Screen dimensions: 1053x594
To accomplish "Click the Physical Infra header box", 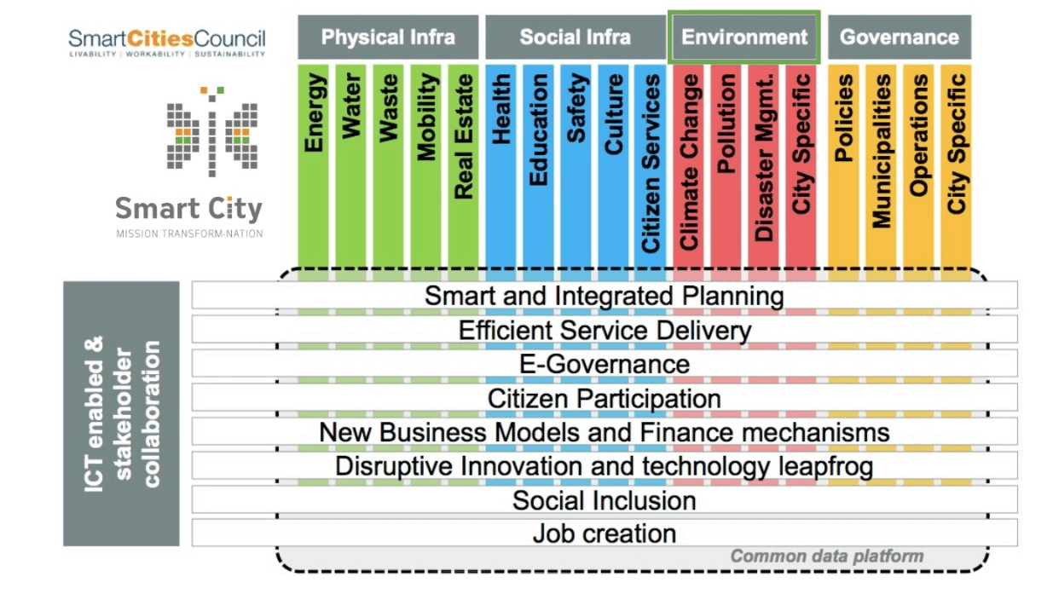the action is (388, 37).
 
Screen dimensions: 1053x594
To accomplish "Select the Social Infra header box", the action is (576, 37).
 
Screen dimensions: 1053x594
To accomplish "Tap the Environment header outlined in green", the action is (744, 37).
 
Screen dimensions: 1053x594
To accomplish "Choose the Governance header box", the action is (900, 37).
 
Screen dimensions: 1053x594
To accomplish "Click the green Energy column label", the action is (314, 112).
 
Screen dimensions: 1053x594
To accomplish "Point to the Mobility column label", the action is (426, 117).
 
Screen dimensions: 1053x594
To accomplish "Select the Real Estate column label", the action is (464, 136).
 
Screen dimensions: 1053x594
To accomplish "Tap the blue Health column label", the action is (501, 109).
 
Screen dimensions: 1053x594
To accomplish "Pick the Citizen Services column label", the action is (651, 164).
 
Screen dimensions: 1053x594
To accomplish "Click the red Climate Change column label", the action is (689, 162).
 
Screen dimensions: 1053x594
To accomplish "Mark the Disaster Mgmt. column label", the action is (764, 158).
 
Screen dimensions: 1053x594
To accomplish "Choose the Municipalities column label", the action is (882, 151).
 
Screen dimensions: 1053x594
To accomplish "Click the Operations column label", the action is (919, 136).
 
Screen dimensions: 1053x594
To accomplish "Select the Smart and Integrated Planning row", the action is (605, 295).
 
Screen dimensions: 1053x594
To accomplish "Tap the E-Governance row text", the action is (605, 364).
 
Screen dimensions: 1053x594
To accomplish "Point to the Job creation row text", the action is (605, 533).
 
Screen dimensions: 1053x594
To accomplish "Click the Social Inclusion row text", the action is (605, 500).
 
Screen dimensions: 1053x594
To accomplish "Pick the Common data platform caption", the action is (827, 557).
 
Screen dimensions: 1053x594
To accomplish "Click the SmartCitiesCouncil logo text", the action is (167, 38).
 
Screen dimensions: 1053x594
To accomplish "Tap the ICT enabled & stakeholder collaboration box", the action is (121, 413).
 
